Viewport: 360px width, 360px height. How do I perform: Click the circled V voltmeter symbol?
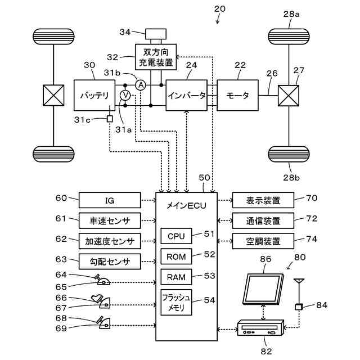pyautogui.click(x=125, y=96)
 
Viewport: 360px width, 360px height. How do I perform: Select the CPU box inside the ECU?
pyautogui.click(x=176, y=235)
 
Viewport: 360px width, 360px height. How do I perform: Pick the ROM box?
pyautogui.click(x=176, y=256)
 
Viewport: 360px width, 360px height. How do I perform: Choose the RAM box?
pyautogui.click(x=176, y=276)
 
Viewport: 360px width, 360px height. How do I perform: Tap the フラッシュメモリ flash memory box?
pyautogui.click(x=176, y=302)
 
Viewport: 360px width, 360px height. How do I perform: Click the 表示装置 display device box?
pyautogui.click(x=263, y=200)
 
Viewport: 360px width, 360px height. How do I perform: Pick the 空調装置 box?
pyautogui.click(x=263, y=241)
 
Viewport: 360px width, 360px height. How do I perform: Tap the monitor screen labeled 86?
pyautogui.click(x=261, y=287)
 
